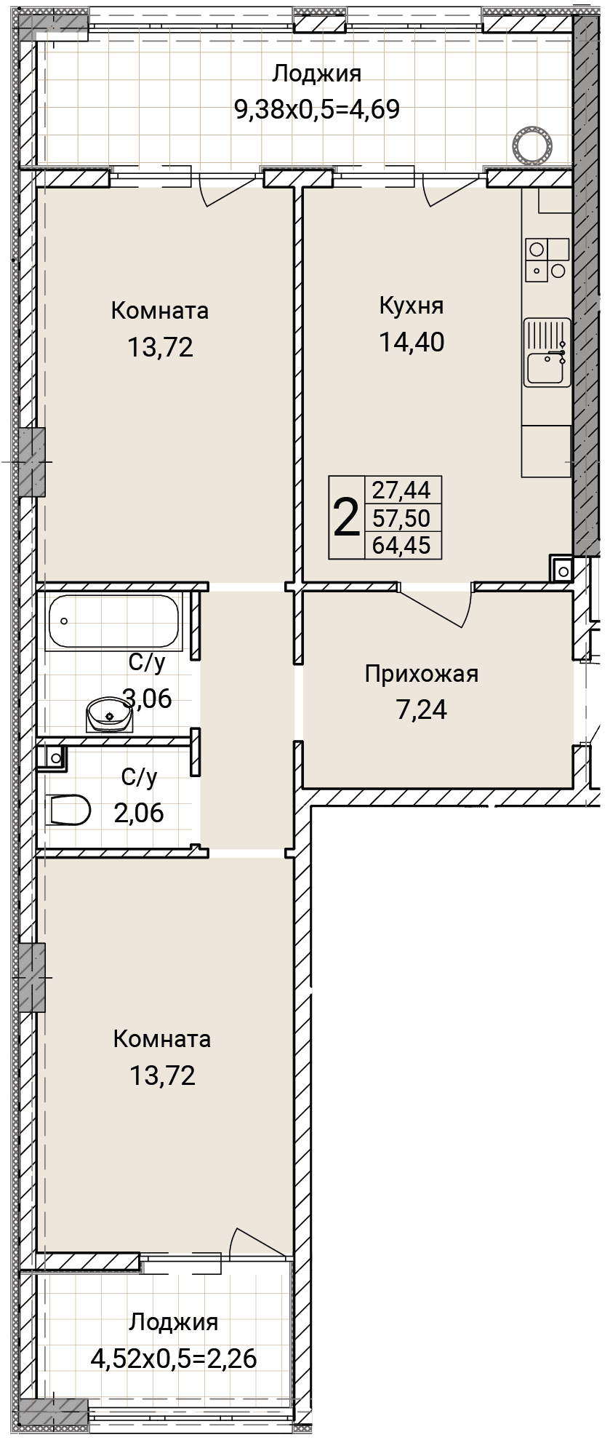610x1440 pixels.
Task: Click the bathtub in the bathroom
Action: [113, 621]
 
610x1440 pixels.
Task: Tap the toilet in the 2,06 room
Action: [71, 809]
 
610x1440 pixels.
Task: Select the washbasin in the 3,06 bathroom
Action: [109, 715]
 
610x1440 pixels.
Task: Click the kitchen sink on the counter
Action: [547, 353]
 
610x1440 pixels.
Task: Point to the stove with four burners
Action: [547, 260]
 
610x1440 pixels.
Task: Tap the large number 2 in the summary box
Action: [346, 517]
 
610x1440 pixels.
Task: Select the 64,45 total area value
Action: [401, 544]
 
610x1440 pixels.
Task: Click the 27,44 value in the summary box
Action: [401, 490]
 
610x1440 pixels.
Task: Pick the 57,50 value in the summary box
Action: [401, 517]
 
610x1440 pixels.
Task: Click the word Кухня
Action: [412, 306]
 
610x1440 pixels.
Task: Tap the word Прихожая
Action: [422, 674]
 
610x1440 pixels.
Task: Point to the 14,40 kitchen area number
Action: [412, 341]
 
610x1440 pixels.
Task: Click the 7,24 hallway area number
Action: [422, 709]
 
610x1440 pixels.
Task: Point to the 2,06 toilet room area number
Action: [139, 812]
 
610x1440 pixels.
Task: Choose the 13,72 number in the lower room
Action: [162, 1075]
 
